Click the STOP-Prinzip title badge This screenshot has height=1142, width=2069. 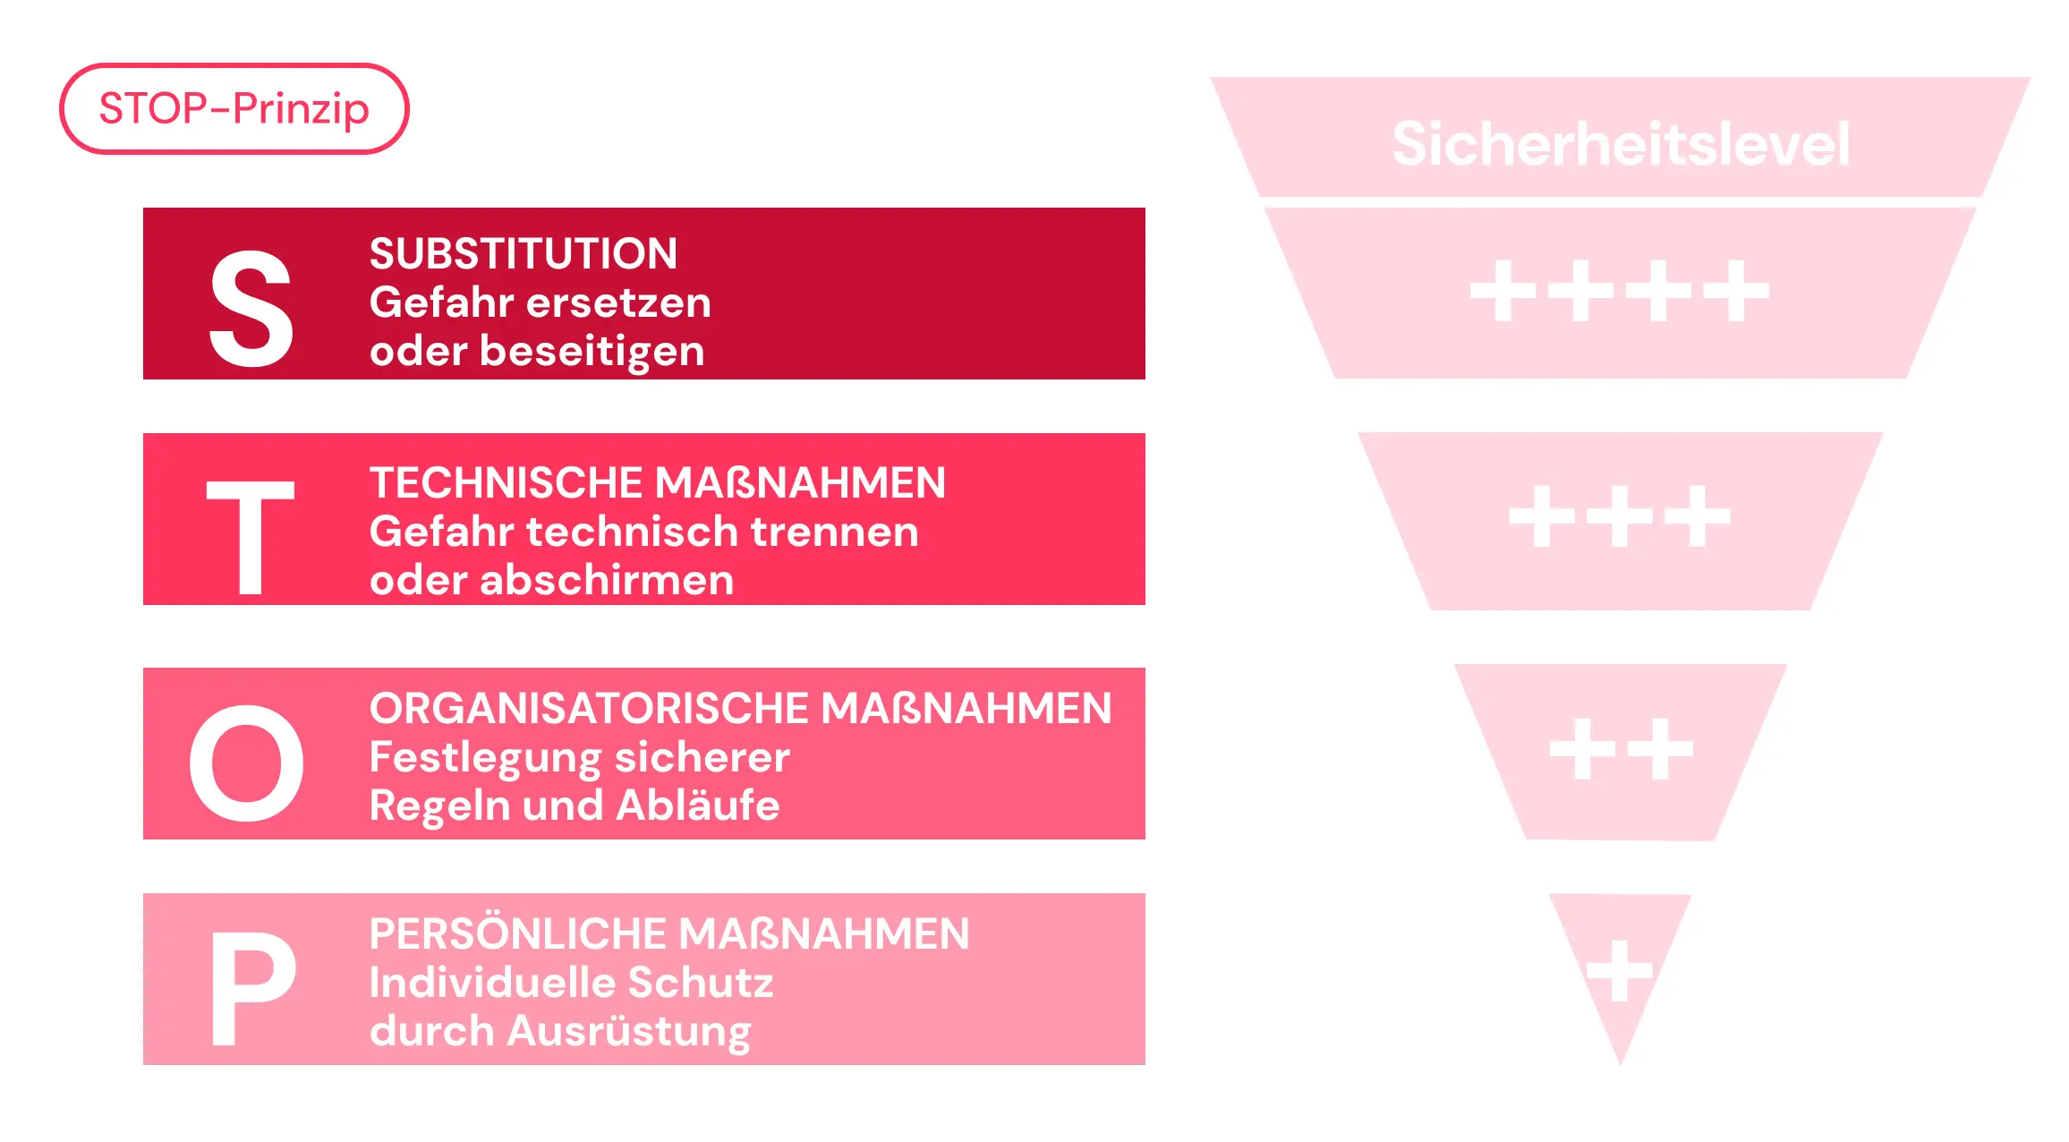pos(234,108)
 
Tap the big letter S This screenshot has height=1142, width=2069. pos(251,309)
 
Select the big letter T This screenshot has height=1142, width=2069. pos(251,537)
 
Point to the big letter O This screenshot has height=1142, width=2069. pos(247,763)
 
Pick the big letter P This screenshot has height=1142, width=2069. pos(253,988)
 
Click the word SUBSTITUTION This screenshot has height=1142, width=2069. pos(524,253)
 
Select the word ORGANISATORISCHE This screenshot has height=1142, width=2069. pos(588,708)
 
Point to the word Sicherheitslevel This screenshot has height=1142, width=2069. pos(1621,143)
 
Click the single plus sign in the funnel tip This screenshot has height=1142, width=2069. pos(1619,970)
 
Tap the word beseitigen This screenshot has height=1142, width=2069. pos(592,352)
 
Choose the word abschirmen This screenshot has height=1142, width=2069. pos(607,580)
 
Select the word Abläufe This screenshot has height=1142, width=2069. pos(698,805)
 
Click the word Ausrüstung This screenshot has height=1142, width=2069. pos(629,1032)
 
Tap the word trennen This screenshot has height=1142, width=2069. pos(834,533)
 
